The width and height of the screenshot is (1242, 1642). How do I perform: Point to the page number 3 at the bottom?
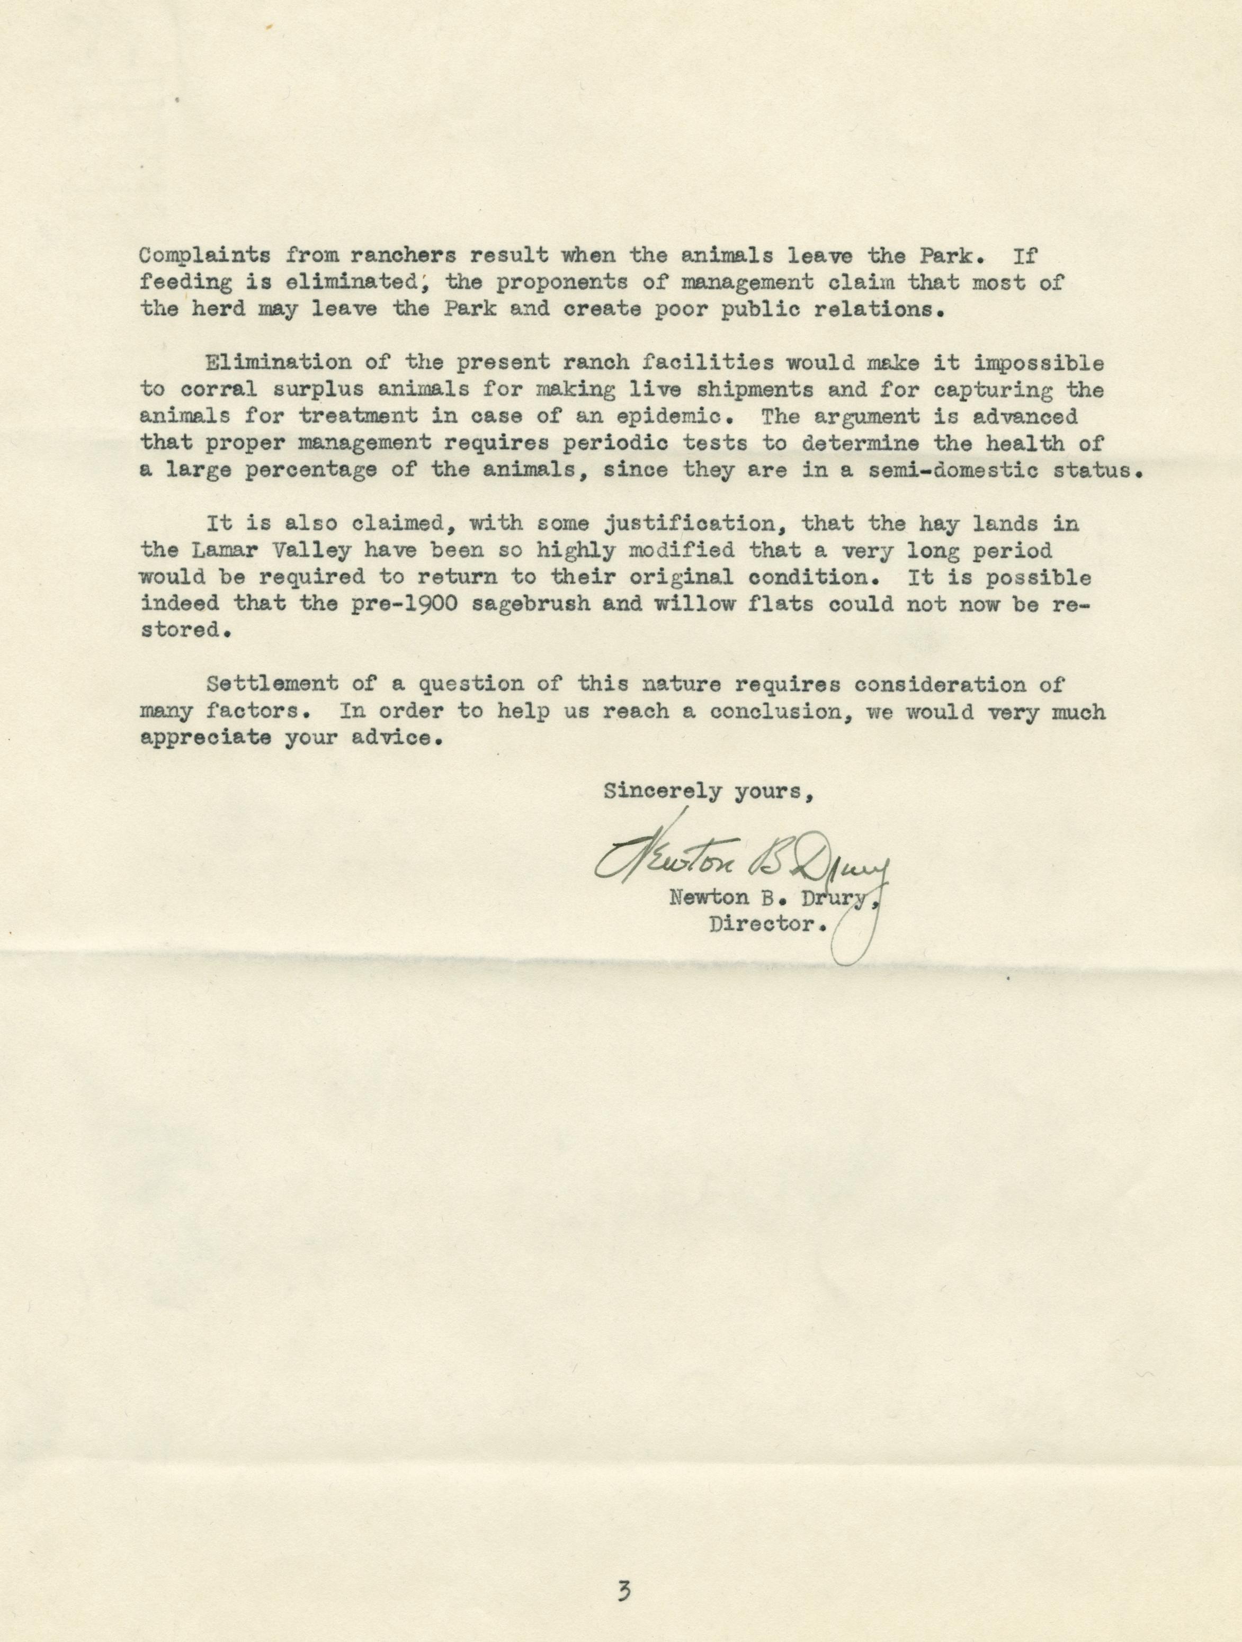pyautogui.click(x=623, y=1589)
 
